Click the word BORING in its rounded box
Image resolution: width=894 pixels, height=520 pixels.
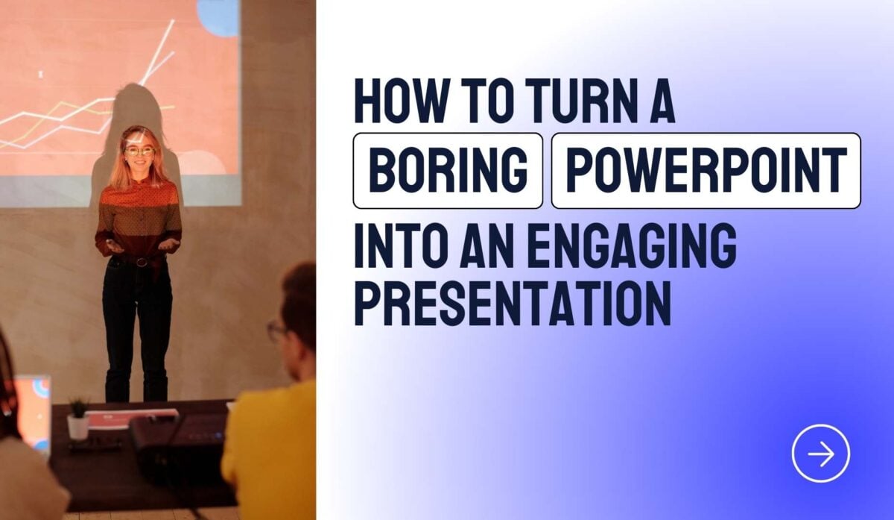point(448,171)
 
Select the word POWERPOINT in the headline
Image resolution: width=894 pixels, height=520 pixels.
point(706,171)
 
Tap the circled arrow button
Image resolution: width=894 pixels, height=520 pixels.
point(820,453)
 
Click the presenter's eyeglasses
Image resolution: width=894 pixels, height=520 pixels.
point(139,151)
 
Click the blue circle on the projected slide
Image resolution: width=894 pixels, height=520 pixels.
point(218,15)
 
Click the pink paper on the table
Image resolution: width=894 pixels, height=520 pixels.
point(131,417)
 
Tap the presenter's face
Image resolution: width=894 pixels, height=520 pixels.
point(139,154)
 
